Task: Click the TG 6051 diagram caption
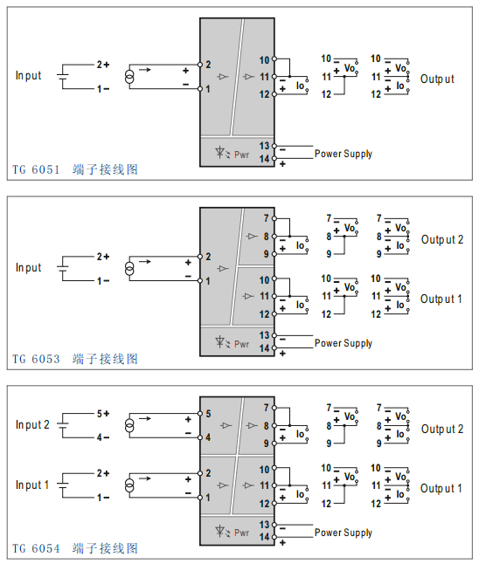tap(75, 169)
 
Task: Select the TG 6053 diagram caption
tap(75, 359)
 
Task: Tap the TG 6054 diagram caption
tap(75, 548)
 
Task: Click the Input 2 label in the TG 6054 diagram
tap(32, 424)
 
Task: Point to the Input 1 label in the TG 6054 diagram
tap(32, 485)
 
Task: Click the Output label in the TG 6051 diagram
tap(437, 79)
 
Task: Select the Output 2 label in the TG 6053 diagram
tap(441, 239)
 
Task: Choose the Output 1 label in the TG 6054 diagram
tap(441, 488)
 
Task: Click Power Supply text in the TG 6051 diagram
tap(344, 154)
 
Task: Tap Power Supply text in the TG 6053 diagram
tap(344, 343)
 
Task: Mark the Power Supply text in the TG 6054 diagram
tap(344, 533)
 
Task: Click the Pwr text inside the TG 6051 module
tap(242, 154)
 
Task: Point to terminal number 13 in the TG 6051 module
tap(264, 146)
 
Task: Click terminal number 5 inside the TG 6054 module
tap(208, 413)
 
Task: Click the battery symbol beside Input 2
tap(63, 425)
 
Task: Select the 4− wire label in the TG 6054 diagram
tap(102, 437)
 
